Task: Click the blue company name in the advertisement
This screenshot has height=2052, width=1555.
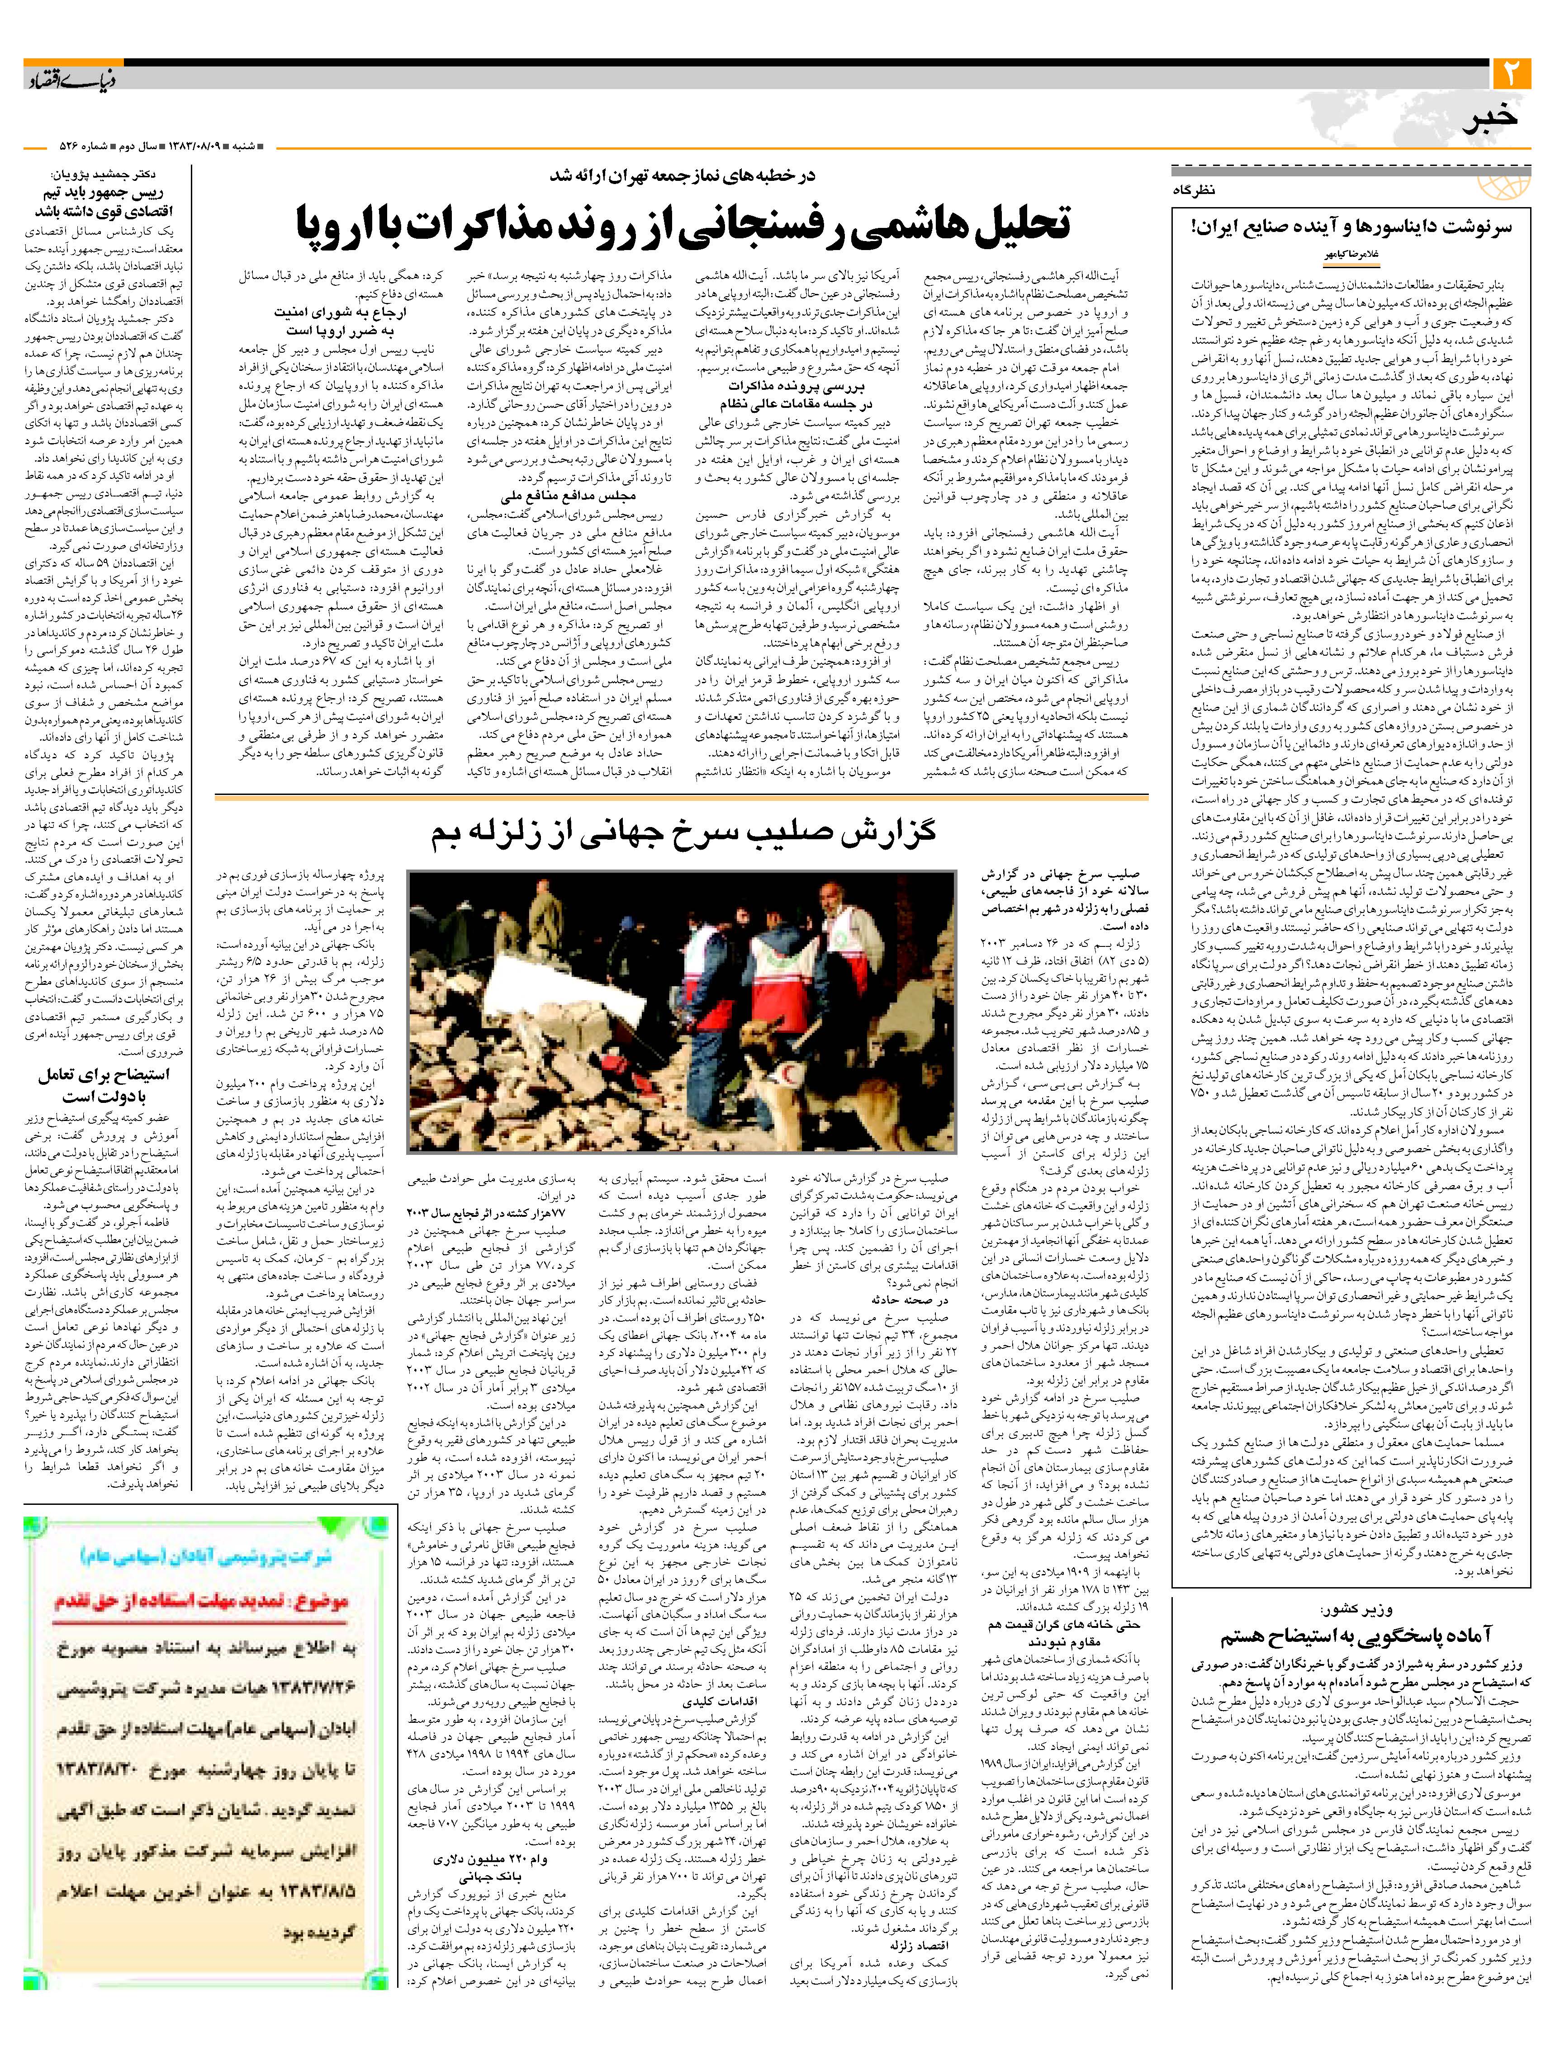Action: [206, 1556]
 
